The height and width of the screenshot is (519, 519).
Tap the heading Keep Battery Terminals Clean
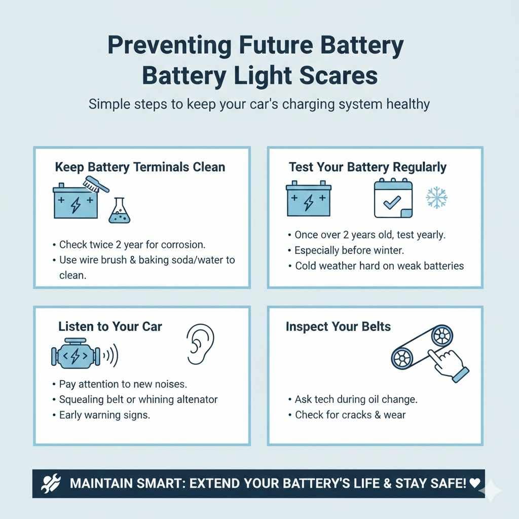tap(140, 167)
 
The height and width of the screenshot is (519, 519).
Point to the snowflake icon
tap(436, 198)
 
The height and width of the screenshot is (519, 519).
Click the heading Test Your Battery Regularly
tap(367, 167)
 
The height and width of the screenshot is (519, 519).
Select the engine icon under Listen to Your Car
tap(75, 356)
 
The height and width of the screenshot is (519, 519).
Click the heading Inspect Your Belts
tap(338, 326)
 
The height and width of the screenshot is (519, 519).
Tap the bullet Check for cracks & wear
tap(350, 415)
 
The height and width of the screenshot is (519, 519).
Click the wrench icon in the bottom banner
tap(53, 483)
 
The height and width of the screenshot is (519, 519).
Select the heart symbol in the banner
tap(474, 483)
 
